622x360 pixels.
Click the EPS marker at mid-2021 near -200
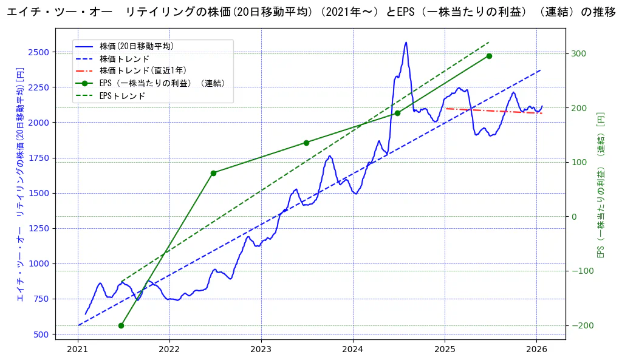pos(121,325)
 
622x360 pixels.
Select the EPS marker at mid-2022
pos(213,173)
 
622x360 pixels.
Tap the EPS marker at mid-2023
pos(306,143)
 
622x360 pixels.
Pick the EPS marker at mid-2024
pos(397,113)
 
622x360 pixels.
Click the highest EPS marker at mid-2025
pos(489,56)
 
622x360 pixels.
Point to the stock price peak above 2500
pos(406,42)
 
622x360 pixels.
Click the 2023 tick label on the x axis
pos(261,349)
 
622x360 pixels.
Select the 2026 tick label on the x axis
pos(536,349)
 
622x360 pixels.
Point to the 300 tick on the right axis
pos(579,53)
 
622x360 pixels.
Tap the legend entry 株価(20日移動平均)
pos(137,46)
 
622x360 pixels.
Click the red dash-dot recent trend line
pos(492,110)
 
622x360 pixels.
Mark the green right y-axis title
pos(601,185)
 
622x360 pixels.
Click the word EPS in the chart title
pos(406,13)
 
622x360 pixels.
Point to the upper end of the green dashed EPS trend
pos(489,42)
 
